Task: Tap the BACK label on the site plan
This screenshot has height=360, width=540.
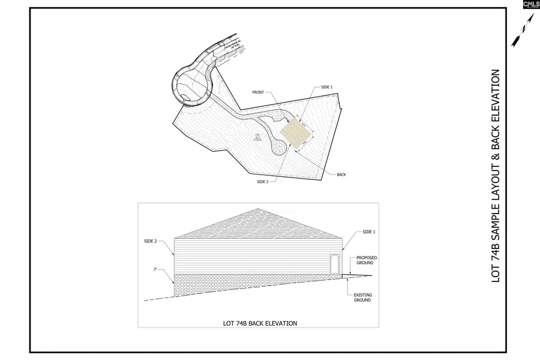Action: coord(341,174)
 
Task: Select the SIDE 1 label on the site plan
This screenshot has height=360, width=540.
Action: coord(326,88)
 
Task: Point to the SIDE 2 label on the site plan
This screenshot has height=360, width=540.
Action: coord(262,181)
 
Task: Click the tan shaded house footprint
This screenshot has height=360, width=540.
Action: coord(296,133)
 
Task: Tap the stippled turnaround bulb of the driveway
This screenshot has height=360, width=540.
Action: coord(277,145)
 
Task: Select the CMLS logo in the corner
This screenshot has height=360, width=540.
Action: coord(530,5)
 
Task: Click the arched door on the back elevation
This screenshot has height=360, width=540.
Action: coord(335,265)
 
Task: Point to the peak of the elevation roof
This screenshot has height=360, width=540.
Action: coord(259,209)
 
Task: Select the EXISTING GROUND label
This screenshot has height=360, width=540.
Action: coord(361,298)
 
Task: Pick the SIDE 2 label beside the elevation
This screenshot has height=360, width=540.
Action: coord(150,241)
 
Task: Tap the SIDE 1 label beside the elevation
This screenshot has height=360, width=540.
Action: coord(368,231)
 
